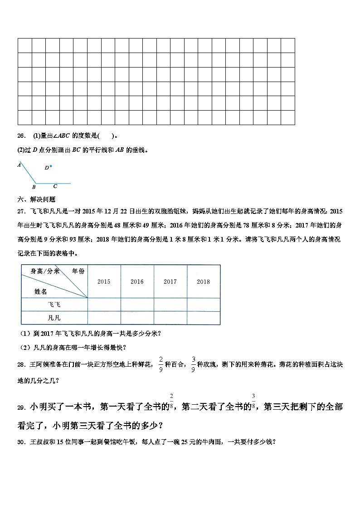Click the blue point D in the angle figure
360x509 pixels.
click(x=51, y=166)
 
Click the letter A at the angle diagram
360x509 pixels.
click(x=19, y=165)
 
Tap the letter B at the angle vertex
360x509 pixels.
click(x=34, y=187)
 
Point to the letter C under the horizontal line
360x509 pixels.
click(x=55, y=186)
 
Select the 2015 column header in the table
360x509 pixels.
click(x=104, y=281)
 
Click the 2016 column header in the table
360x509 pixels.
click(x=137, y=281)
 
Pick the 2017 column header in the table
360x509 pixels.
click(x=170, y=281)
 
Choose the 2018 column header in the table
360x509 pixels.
click(x=203, y=281)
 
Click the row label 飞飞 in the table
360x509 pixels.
click(x=54, y=305)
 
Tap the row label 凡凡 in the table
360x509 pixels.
click(x=54, y=318)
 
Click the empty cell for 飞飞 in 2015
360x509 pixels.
click(x=104, y=305)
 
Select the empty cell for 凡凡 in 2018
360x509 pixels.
click(x=203, y=318)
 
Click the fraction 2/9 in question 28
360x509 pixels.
click(x=161, y=364)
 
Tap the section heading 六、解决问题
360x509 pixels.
click(x=36, y=199)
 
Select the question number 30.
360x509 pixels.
click(x=21, y=442)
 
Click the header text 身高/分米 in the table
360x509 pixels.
click(x=45, y=271)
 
